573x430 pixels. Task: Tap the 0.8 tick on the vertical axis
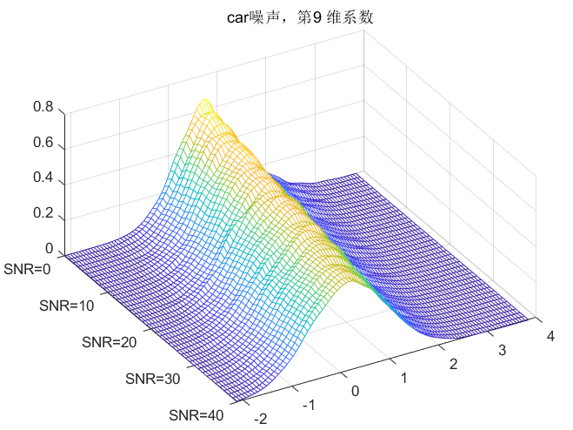click(x=43, y=109)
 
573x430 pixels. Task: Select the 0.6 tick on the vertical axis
click(x=43, y=144)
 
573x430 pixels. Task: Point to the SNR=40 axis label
click(x=197, y=414)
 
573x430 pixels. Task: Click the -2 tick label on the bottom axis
click(x=258, y=420)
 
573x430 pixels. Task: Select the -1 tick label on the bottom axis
click(x=307, y=405)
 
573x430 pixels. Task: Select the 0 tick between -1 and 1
click(x=356, y=391)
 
